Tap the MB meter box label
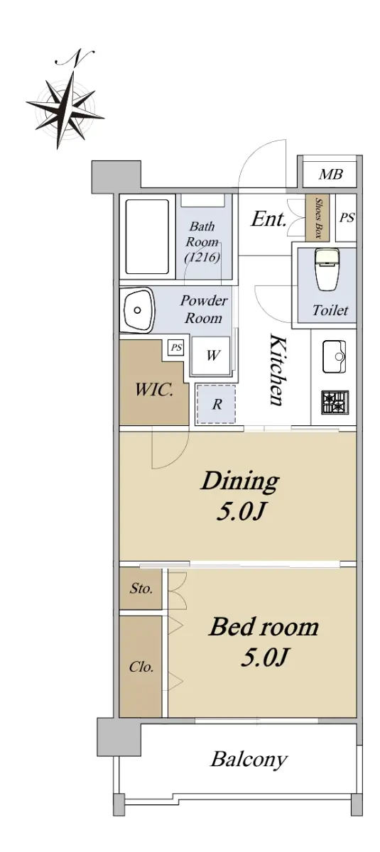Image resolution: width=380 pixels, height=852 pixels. [330, 175]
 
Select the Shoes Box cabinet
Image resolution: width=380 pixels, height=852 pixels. [317, 218]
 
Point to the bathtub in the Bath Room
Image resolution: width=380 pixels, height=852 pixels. [147, 237]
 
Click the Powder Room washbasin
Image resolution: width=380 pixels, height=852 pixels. [136, 310]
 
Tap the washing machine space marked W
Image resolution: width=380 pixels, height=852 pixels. [211, 356]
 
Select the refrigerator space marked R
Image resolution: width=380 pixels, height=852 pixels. [216, 404]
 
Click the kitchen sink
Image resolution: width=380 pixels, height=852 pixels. [335, 356]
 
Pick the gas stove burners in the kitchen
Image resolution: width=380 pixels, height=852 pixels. [335, 402]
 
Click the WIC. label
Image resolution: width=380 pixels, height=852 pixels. [154, 390]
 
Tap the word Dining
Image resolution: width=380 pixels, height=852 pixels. [240, 482]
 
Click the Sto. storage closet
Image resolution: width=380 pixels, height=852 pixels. [141, 589]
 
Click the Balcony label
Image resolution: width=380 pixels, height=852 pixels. [249, 760]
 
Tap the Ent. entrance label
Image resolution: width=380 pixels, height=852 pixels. [268, 219]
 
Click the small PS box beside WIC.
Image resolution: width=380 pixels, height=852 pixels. [176, 347]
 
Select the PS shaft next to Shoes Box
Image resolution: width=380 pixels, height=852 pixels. [346, 217]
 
